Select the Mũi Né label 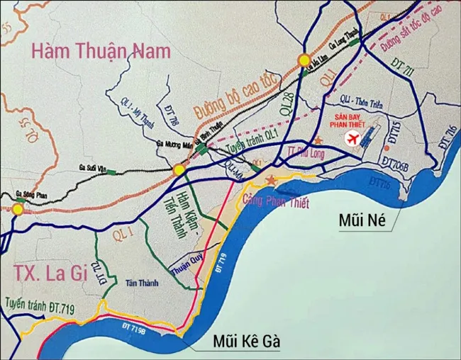[x=362, y=220]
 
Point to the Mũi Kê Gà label [x=247, y=342]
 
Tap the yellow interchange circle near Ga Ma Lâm [x=304, y=60]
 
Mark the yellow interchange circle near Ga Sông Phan [x=17, y=209]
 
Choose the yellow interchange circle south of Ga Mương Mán [x=179, y=170]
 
